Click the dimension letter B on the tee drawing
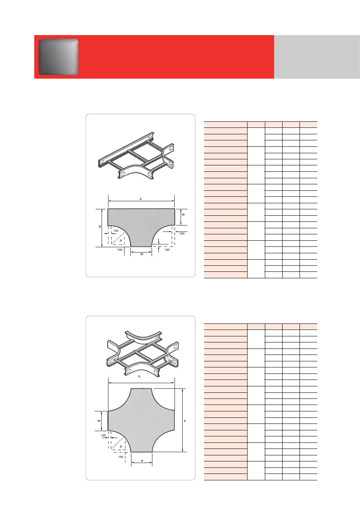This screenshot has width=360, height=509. (100, 227)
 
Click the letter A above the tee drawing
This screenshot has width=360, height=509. (141, 199)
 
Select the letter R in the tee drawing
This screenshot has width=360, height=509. (121, 241)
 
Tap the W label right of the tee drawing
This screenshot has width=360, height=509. (183, 215)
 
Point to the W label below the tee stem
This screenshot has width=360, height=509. (142, 254)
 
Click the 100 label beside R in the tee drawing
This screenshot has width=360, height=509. (116, 231)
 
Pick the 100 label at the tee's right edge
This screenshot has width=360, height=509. (182, 234)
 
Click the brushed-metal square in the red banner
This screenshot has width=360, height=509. (58, 57)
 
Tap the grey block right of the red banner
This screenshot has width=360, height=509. (317, 57)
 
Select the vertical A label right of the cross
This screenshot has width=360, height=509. (185, 421)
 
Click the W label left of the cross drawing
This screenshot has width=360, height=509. (99, 421)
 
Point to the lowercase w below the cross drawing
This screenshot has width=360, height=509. (142, 461)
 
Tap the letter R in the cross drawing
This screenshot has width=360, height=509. (121, 447)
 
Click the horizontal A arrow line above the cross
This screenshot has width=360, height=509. (141, 383)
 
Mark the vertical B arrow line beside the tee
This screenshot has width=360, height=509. (102, 228)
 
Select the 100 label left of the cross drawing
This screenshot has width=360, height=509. (103, 435)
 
